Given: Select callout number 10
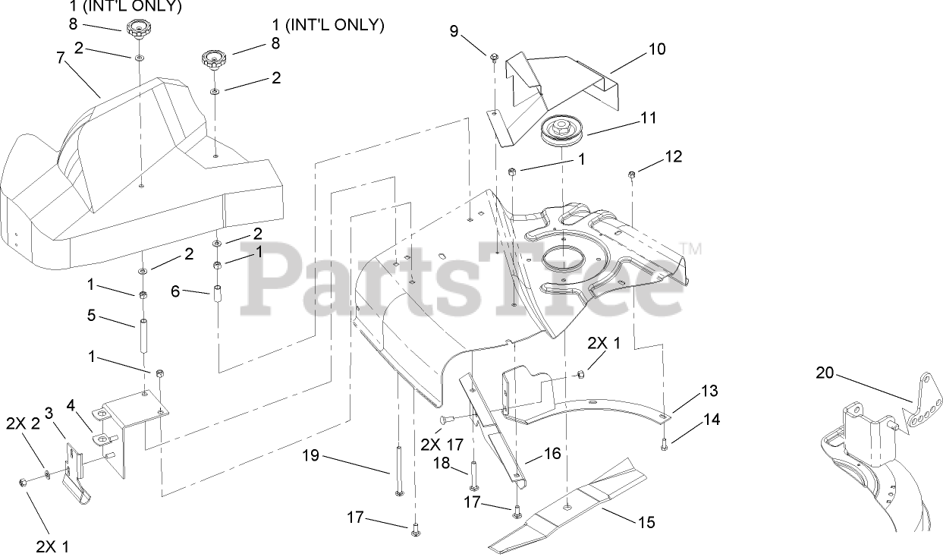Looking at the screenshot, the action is (x=656, y=49).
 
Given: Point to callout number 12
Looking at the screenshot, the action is (x=673, y=157).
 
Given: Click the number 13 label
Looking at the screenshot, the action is (x=709, y=391).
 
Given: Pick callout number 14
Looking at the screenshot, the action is (x=710, y=418).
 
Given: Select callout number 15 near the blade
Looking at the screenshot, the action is (x=646, y=522).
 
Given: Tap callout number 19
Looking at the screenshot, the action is (x=310, y=456).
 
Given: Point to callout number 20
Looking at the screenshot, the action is (x=825, y=373).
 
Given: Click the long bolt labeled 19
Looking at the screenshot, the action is (x=398, y=471).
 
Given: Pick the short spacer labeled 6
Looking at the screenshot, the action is (x=218, y=294).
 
